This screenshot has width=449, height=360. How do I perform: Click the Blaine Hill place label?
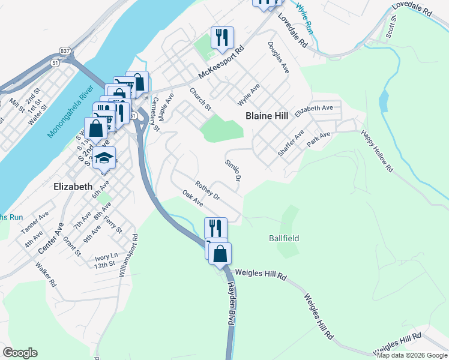267,115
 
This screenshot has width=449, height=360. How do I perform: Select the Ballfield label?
283,238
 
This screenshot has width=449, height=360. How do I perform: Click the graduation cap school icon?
104,158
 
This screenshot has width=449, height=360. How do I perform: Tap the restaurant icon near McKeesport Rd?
222,38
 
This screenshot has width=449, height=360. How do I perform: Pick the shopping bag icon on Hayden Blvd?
220,254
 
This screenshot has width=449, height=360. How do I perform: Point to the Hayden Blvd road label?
229,304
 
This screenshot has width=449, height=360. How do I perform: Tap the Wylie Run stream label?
305,19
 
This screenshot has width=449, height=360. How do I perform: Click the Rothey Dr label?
208,190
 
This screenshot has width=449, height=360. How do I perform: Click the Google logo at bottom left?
20,353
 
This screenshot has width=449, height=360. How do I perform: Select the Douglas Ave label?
279,58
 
